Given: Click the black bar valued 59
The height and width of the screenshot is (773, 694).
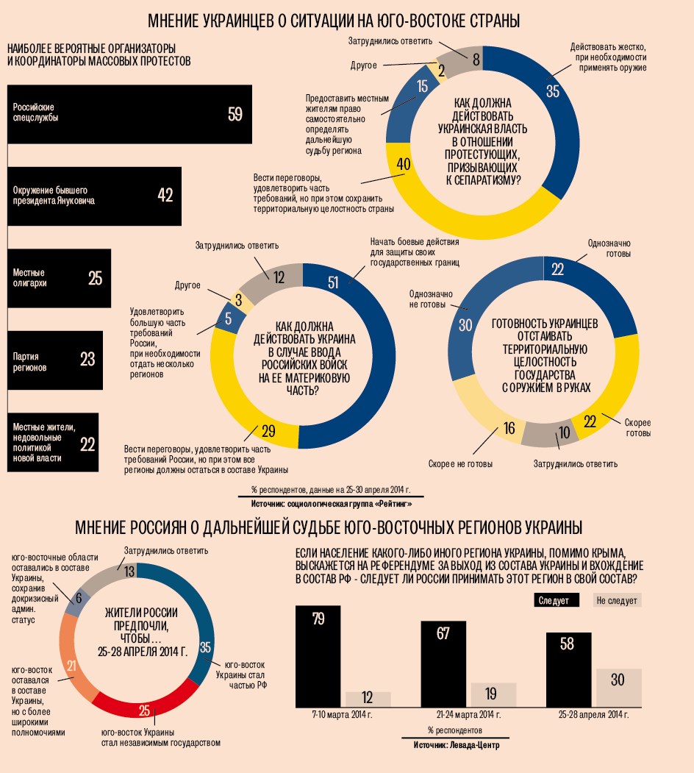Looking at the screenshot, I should click(x=129, y=114).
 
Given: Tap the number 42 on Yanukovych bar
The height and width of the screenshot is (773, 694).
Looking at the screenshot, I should click(x=165, y=195).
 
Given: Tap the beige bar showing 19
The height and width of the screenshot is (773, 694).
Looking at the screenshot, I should click(x=493, y=694).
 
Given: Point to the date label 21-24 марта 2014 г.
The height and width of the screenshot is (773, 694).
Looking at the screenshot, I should click(x=465, y=716).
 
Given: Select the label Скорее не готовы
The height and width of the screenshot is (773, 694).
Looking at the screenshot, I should click(x=460, y=464).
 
